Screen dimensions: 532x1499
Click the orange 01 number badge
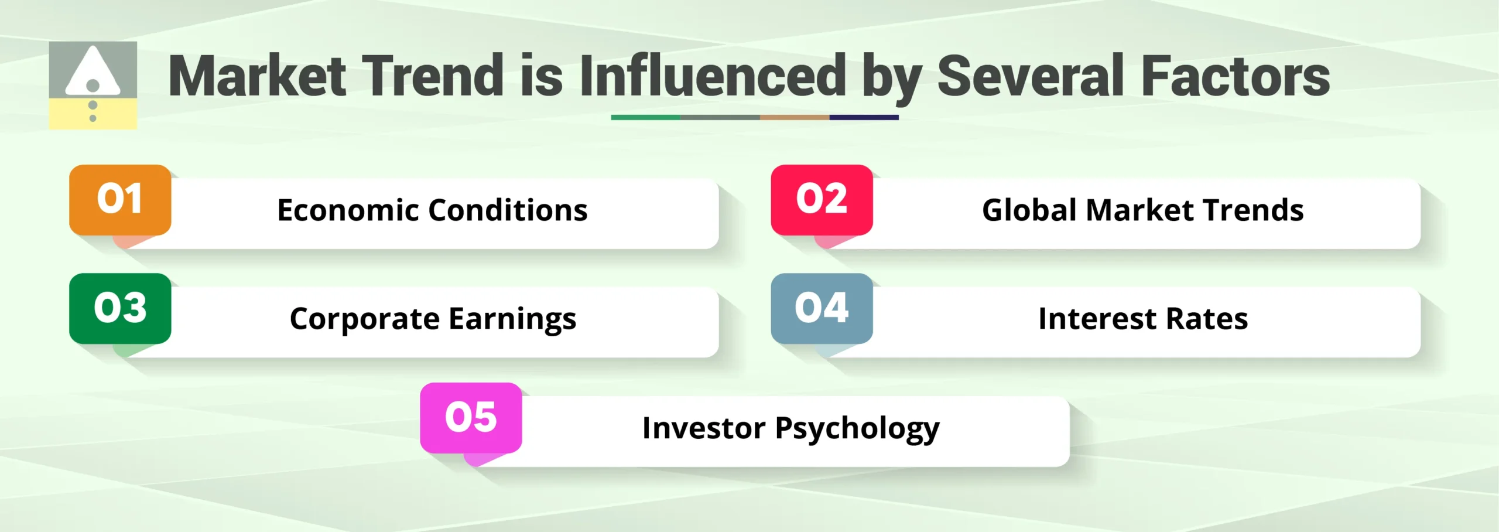[120, 200]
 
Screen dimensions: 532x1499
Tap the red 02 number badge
[822, 200]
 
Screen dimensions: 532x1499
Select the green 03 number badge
[120, 308]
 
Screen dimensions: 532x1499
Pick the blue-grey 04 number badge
[822, 308]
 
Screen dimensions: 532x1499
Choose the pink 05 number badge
[471, 418]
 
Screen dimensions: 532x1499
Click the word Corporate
[364, 319]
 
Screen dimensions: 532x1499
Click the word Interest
[1097, 319]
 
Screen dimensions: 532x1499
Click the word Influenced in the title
[713, 76]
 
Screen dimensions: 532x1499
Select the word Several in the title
[1030, 76]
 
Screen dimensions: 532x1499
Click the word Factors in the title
[1236, 76]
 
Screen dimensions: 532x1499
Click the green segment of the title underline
[645, 117]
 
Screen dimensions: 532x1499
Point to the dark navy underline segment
[864, 117]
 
